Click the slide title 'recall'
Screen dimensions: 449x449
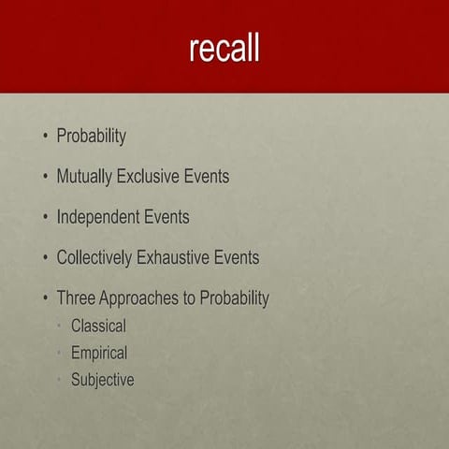(x=224, y=48)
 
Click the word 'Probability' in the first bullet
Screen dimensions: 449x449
(x=91, y=137)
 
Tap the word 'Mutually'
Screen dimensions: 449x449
(x=83, y=177)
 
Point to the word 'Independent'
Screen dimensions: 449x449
(x=97, y=217)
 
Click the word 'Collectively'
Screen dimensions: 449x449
(x=99, y=257)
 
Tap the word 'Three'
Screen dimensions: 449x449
(x=77, y=298)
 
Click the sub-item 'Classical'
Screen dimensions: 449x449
(x=98, y=327)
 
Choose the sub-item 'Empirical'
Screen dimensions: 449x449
(x=99, y=354)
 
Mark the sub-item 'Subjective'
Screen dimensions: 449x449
(x=102, y=381)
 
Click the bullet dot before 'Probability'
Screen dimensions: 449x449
(x=44, y=138)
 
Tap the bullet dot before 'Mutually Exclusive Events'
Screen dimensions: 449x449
(x=44, y=177)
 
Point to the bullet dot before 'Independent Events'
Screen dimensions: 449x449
(x=44, y=218)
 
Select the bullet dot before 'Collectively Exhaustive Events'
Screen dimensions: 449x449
(x=44, y=258)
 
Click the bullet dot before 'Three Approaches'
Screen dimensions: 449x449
(x=44, y=298)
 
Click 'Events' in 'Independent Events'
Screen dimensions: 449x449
(x=166, y=217)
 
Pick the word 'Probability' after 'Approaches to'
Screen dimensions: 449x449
(x=235, y=298)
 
